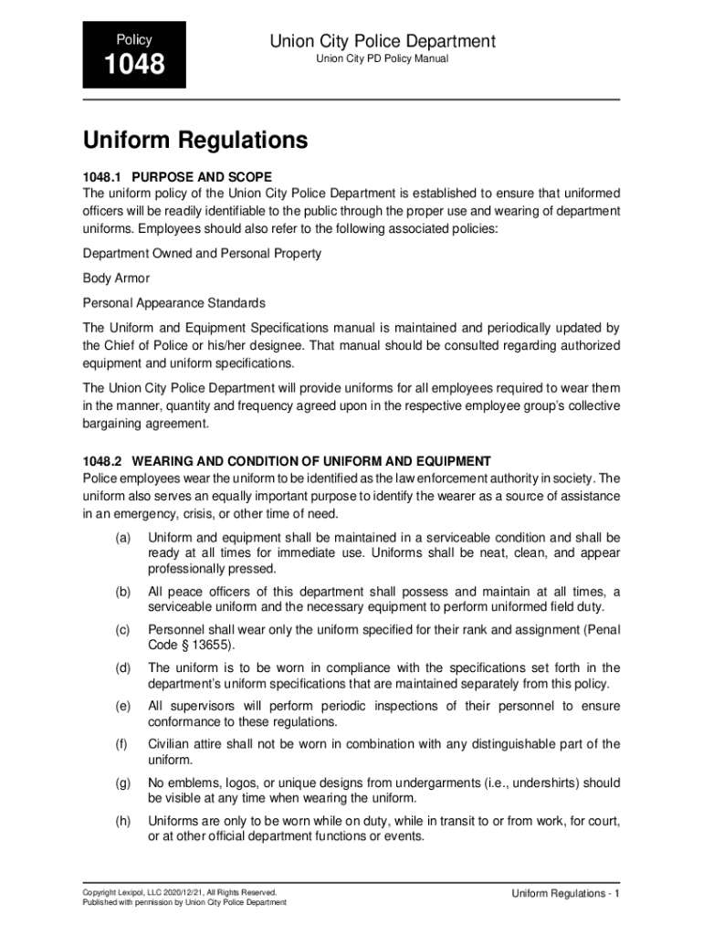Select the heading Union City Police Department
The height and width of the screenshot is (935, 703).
coord(383,41)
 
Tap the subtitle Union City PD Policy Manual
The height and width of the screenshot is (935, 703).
coord(383,60)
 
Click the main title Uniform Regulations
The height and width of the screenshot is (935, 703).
coord(195,142)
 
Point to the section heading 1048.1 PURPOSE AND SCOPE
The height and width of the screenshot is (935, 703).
coord(177,175)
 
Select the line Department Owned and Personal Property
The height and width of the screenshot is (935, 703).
coord(202,253)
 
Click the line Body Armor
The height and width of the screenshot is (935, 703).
coord(116,278)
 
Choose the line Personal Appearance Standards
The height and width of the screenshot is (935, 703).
coord(173,302)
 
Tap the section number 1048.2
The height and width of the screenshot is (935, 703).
coord(102,461)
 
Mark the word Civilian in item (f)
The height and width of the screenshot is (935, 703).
coord(171,744)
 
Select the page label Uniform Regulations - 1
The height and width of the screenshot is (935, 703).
coord(566,893)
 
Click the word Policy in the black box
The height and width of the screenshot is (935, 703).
coord(133,40)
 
